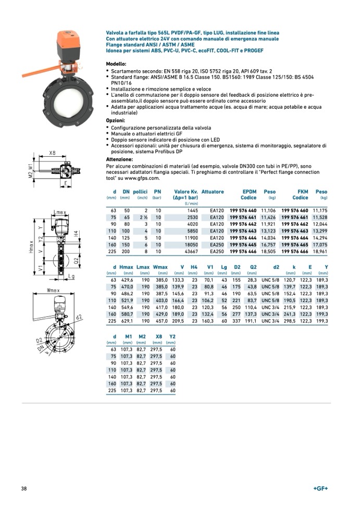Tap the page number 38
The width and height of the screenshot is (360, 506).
[24, 488]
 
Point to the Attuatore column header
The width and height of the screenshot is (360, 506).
[213, 192]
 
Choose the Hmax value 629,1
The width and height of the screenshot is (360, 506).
[127, 321]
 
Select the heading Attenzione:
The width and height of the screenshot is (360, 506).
[119, 159]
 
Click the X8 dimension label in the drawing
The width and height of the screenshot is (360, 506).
[52, 153]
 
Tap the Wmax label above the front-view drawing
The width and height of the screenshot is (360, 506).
[53, 289]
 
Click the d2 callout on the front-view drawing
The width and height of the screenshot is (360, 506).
[79, 317]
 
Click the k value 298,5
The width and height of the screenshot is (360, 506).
[289, 321]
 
